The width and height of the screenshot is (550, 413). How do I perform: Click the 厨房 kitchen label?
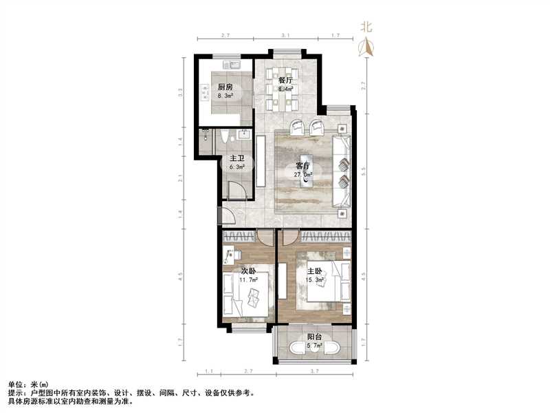(x=224, y=87)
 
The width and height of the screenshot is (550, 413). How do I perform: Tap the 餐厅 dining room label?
(x=285, y=81)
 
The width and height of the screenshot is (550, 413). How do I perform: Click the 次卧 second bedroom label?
(x=247, y=271)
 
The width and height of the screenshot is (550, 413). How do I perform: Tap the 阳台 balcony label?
(x=315, y=337)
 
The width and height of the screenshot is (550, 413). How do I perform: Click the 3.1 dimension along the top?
(x=285, y=34)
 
